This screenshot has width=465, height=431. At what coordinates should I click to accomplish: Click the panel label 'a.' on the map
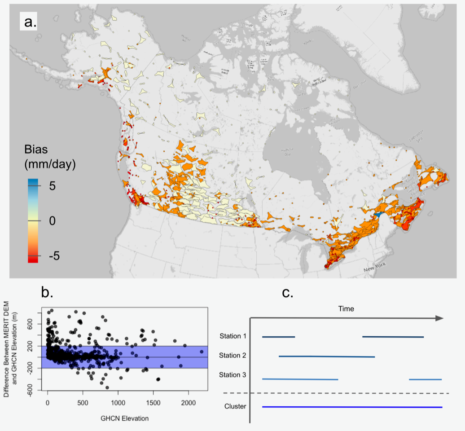coord(28,21)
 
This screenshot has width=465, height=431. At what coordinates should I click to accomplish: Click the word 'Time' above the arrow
coord(346,309)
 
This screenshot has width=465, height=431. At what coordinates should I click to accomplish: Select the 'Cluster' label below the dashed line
coord(235,407)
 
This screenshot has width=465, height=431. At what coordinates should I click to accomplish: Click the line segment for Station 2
coord(327,356)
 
